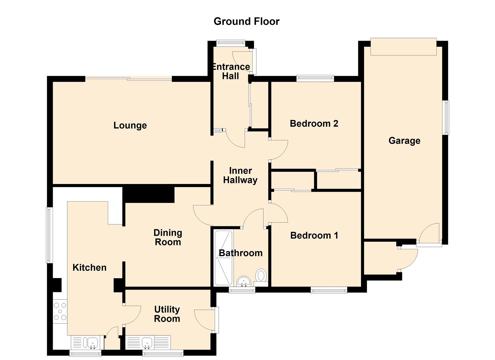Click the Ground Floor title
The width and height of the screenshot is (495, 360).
coord(246,22)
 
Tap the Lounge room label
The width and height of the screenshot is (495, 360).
coord(130,125)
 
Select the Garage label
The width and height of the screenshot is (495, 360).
coord(404,141)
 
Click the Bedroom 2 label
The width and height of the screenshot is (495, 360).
coord(314,124)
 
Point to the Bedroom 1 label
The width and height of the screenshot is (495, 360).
coord(314,235)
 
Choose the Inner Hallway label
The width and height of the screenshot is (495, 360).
coord(240,175)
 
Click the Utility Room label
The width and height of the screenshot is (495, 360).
coord(167,314)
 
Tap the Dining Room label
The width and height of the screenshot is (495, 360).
coord(168,237)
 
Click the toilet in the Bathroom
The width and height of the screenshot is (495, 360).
coord(261,277)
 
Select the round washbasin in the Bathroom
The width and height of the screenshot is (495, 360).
coord(244,281)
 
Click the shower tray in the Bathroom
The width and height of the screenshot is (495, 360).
coord(224,258)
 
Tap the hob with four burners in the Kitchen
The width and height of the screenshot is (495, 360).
coord(60,311)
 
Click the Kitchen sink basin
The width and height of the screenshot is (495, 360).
coord(93,343)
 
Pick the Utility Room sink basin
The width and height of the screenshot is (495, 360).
coord(147,343)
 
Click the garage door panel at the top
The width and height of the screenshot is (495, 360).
coord(404,47)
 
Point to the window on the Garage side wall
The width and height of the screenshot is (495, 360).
coord(447,118)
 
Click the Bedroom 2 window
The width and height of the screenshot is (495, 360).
coord(315,78)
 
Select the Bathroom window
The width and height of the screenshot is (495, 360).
coord(242,290)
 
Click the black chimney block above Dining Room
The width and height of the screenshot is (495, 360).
coord(149,195)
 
